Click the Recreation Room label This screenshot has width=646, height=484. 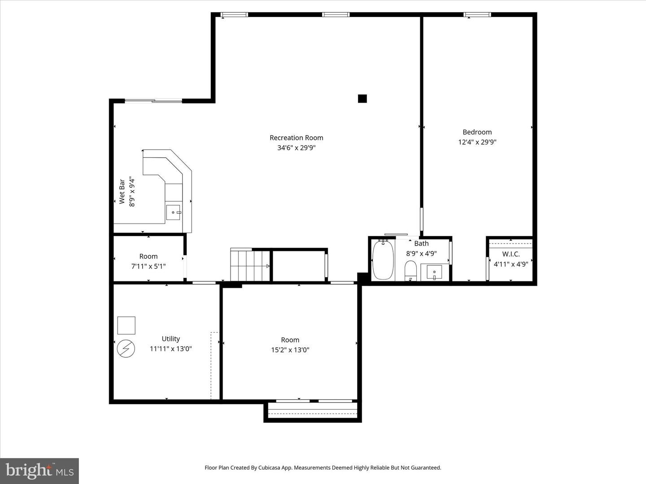(x=297, y=138)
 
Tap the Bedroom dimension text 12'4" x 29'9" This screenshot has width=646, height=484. (x=477, y=142)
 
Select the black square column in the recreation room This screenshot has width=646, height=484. (x=362, y=99)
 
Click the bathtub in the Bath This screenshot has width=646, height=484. (x=383, y=260)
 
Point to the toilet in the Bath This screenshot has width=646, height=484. (x=410, y=270)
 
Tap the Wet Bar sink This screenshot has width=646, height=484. (x=174, y=212)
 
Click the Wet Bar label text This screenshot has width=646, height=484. (x=122, y=192)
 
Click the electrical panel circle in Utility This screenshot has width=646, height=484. (x=126, y=349)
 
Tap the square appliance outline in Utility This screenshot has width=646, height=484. (x=126, y=325)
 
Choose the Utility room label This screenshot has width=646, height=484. (x=171, y=339)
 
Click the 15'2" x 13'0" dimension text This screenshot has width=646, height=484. (x=290, y=350)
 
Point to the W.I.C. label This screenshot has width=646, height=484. (x=511, y=254)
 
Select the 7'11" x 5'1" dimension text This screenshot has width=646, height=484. (x=148, y=266)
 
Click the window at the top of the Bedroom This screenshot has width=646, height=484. (x=477, y=14)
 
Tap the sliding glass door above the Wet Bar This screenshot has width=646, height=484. (x=153, y=101)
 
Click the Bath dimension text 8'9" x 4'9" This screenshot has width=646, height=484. (x=421, y=253)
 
